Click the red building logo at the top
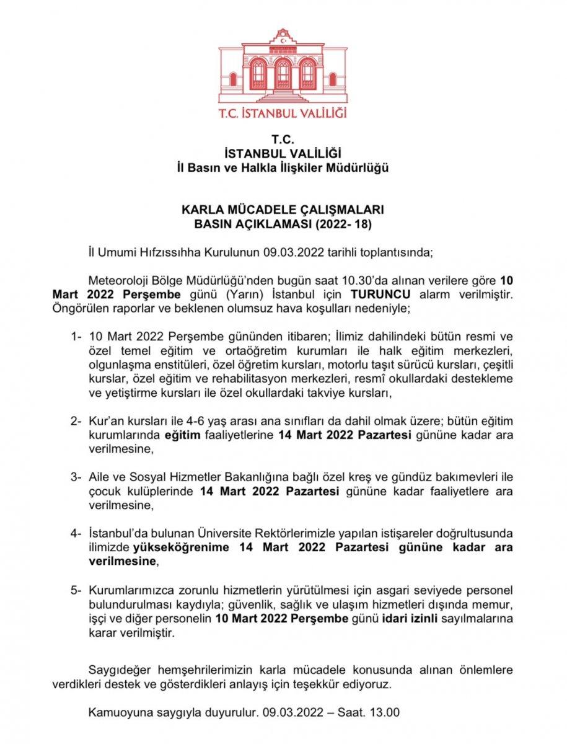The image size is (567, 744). point(283,67)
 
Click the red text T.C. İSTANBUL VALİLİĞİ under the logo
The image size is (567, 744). point(283,113)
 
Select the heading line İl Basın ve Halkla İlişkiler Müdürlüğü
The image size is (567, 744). point(283,167)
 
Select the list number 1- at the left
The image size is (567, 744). point(76,337)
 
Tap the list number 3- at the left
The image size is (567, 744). point(76,477)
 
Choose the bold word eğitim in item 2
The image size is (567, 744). point(183,435)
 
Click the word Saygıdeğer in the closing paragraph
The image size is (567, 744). point(120,670)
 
